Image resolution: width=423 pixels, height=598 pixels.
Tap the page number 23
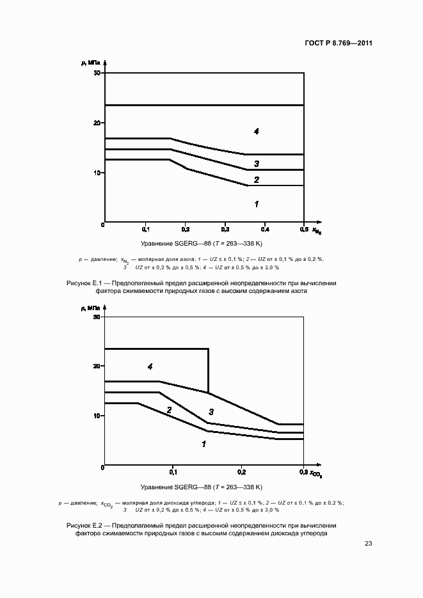pyautogui.click(x=368, y=544)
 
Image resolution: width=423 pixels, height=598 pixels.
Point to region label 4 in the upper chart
pyautogui.click(x=256, y=131)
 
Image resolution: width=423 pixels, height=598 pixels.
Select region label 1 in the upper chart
pyautogui.click(x=256, y=204)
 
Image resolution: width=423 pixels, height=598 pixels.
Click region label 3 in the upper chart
pyautogui.click(x=256, y=164)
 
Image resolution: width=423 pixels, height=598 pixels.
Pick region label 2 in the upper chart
pyautogui.click(x=256, y=180)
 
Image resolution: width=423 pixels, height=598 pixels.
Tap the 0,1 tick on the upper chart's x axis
pyautogui.click(x=145, y=229)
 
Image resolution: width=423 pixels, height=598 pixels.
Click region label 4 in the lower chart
pyautogui.click(x=150, y=367)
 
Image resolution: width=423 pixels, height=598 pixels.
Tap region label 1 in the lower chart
pyautogui.click(x=204, y=443)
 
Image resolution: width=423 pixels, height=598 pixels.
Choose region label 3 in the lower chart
pyautogui.click(x=211, y=411)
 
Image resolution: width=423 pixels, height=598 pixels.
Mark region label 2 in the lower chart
pyautogui.click(x=169, y=410)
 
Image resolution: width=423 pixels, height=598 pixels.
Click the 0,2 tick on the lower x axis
pyautogui.click(x=241, y=473)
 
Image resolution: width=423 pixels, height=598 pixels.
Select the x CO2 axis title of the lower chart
pyautogui.click(x=315, y=474)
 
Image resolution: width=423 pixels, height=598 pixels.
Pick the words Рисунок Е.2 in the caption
pyautogui.click(x=84, y=524)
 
